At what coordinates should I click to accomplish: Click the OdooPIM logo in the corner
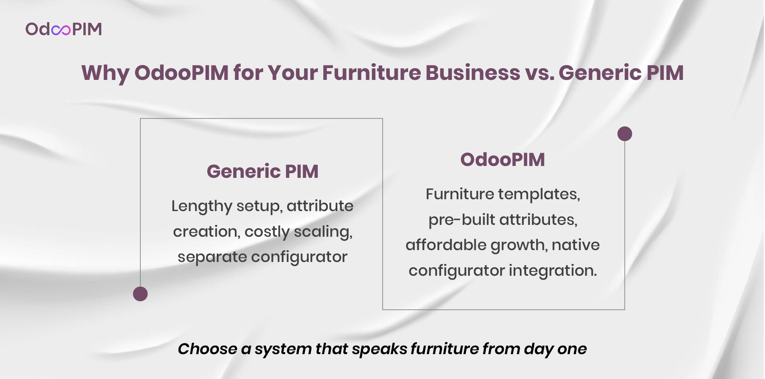pos(64,29)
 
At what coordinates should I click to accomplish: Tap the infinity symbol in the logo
pos(61,30)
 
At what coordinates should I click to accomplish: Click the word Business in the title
pos(473,73)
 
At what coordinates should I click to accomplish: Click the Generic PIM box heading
pos(263,171)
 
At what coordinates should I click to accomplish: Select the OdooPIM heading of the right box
pos(503,159)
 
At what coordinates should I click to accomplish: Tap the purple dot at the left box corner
pos(140,294)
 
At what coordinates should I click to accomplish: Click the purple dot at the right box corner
pos(625,134)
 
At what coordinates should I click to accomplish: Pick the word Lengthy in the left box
pos(202,207)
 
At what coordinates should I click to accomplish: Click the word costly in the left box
pos(267,232)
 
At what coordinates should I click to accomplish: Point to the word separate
pos(212,257)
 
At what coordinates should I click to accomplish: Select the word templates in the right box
pos(539,195)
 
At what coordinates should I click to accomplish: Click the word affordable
pos(446,245)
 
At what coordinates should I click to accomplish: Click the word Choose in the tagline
pos(208,349)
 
